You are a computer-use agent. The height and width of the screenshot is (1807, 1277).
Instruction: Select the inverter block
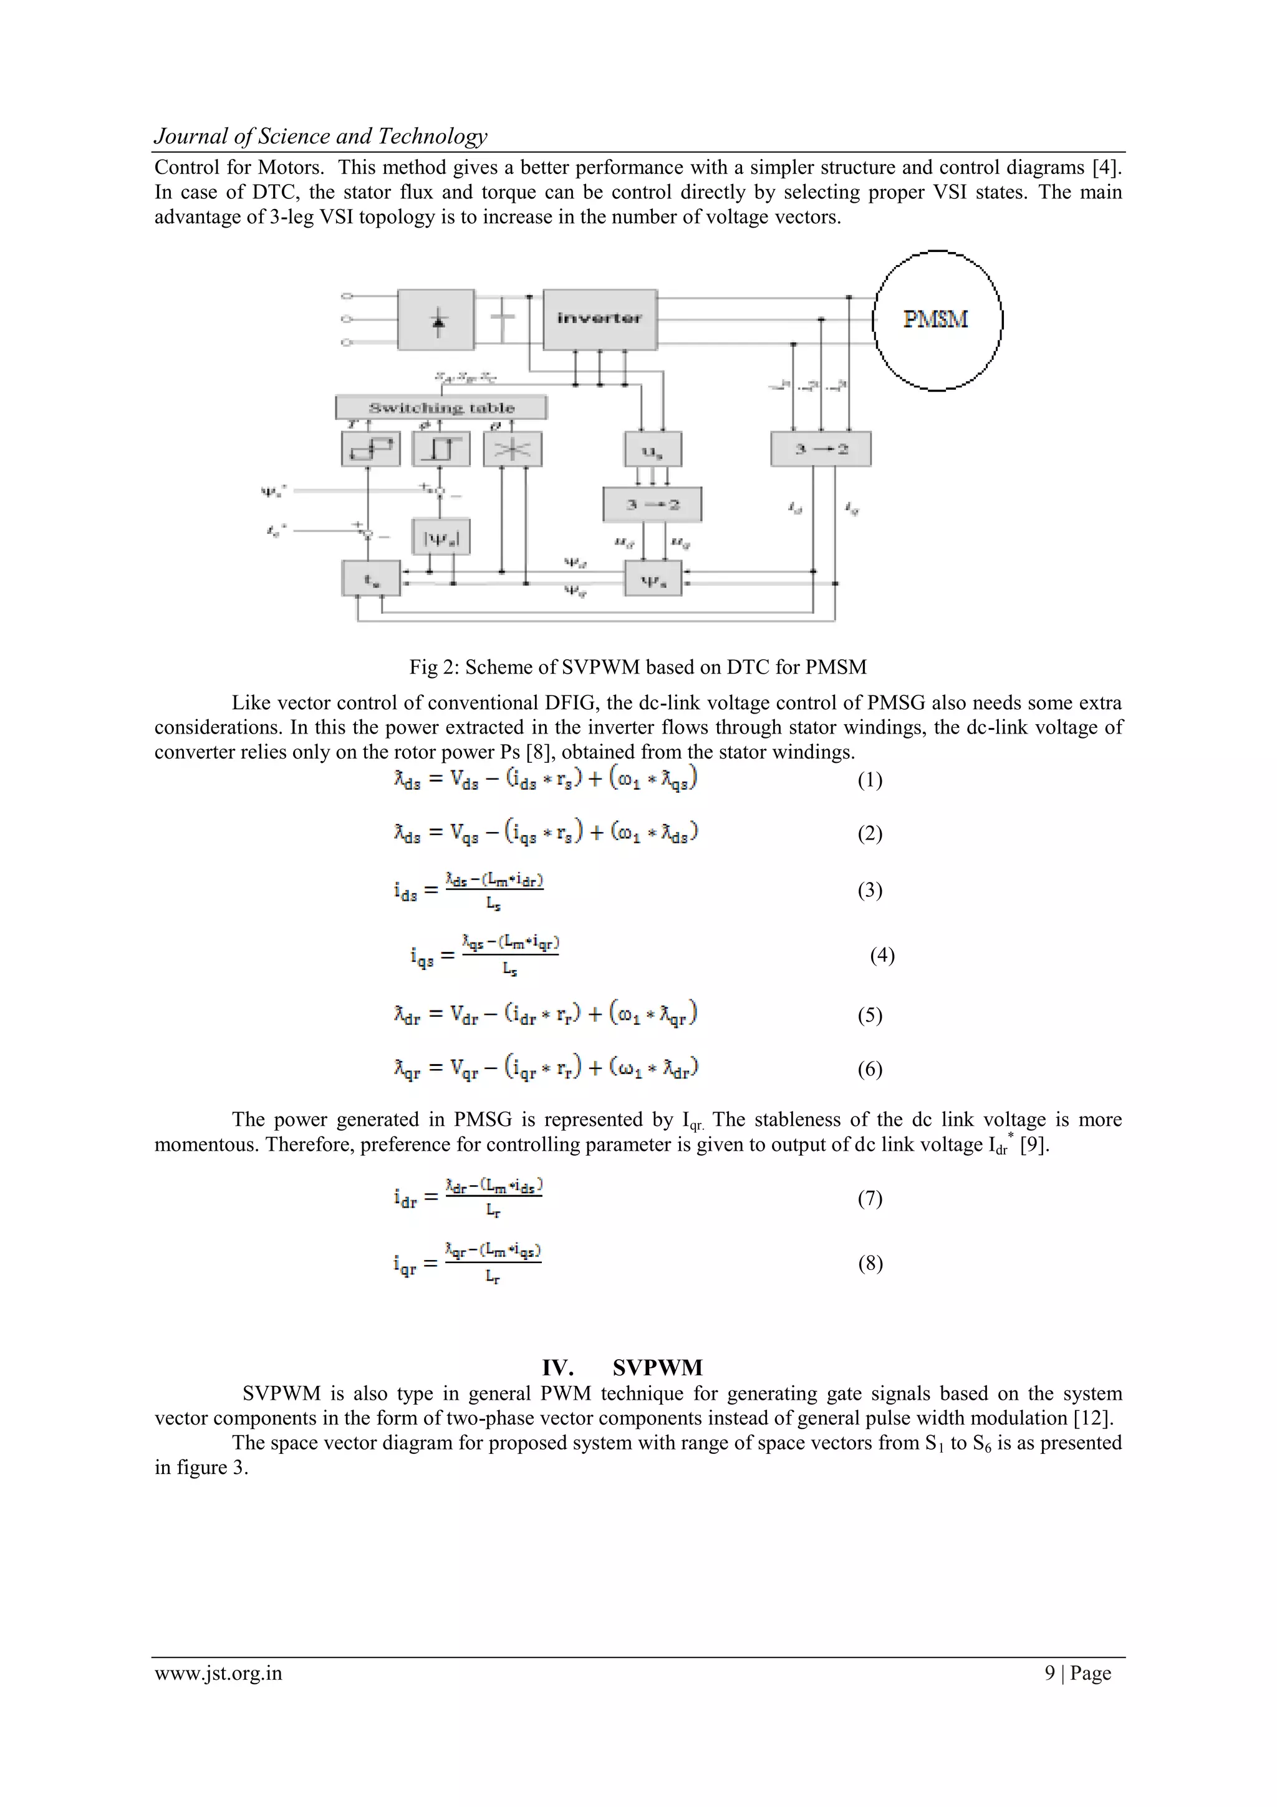point(600,319)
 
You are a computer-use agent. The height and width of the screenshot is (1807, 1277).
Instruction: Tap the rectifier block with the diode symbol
point(436,319)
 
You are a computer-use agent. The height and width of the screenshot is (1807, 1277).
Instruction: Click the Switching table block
point(441,408)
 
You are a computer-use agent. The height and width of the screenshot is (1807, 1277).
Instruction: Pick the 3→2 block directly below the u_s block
point(652,505)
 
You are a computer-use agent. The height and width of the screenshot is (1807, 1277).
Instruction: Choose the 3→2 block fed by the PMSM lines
point(821,448)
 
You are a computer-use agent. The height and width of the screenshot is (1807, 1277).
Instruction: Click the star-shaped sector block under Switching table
point(512,449)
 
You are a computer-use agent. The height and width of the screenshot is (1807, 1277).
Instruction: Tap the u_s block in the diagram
point(653,449)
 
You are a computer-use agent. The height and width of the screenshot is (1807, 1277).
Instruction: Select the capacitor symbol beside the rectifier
point(502,319)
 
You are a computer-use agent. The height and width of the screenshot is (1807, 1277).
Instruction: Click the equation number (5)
point(869,1015)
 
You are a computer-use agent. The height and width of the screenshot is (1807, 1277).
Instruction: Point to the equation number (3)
point(869,890)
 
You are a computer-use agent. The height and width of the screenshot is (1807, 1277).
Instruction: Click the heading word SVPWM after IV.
point(657,1367)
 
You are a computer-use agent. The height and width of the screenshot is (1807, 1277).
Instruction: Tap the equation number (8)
point(869,1263)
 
